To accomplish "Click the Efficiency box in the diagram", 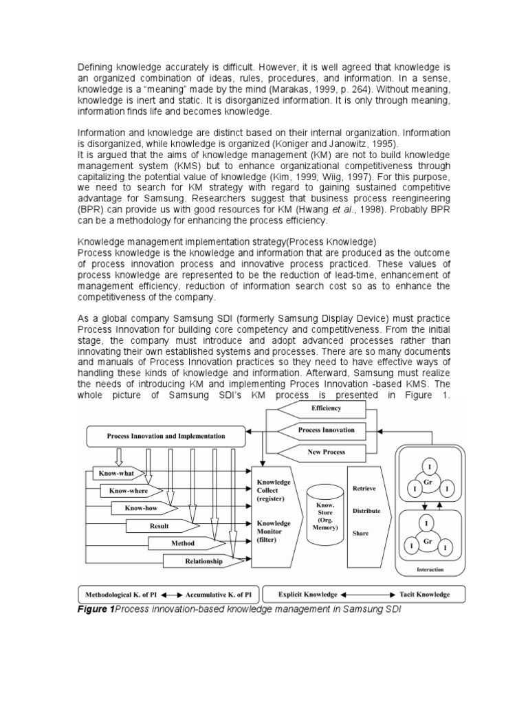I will pos(326,408).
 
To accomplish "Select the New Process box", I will pos(326,452).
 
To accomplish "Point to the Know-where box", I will pos(129,491).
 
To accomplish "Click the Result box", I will pos(159,526).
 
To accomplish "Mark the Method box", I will pos(182,544).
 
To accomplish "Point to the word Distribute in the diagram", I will pos(366,511).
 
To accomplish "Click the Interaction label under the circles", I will pos(430,570).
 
